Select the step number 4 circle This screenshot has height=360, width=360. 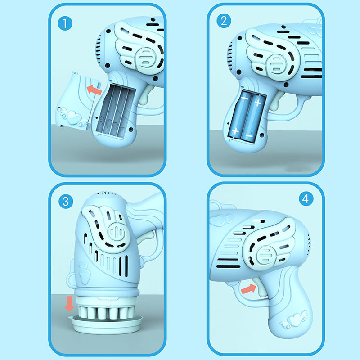[306, 198]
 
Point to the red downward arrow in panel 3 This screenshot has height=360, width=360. [69, 303]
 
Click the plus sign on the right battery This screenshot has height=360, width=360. [258, 103]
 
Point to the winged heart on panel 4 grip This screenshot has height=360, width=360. [295, 320]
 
